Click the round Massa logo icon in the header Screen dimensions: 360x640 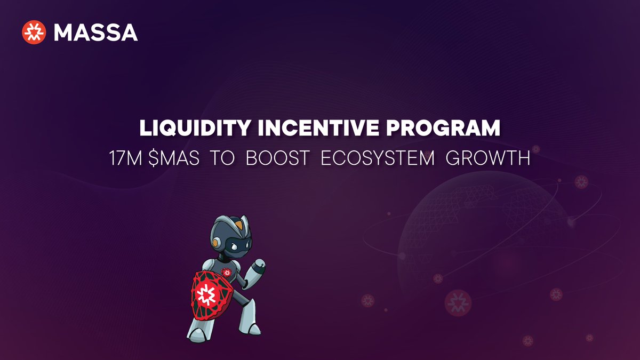(x=34, y=33)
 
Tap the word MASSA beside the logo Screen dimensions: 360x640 (x=95, y=33)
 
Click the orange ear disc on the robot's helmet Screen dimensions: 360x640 (x=215, y=243)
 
